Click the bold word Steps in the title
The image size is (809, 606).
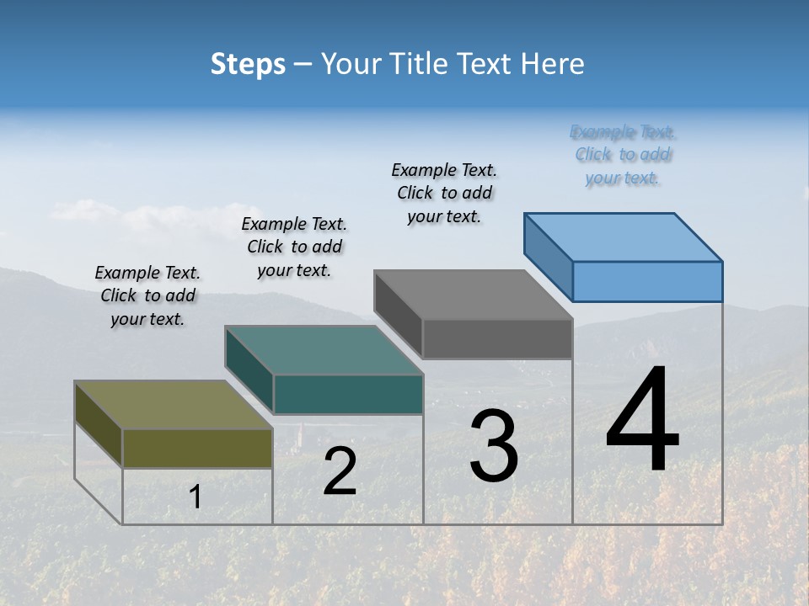[248, 64]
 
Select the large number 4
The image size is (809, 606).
[643, 421]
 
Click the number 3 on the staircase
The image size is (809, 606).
[494, 446]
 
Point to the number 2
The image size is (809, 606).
[340, 471]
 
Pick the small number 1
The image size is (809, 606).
[196, 497]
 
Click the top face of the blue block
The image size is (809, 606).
[624, 237]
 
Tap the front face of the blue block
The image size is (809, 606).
[647, 281]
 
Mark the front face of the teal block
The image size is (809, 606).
[348, 394]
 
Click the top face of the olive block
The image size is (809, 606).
[174, 405]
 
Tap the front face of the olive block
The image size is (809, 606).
[197, 448]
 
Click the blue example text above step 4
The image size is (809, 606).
[623, 155]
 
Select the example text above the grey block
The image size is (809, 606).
[444, 193]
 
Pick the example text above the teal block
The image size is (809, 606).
[294, 247]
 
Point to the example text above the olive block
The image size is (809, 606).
[147, 295]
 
